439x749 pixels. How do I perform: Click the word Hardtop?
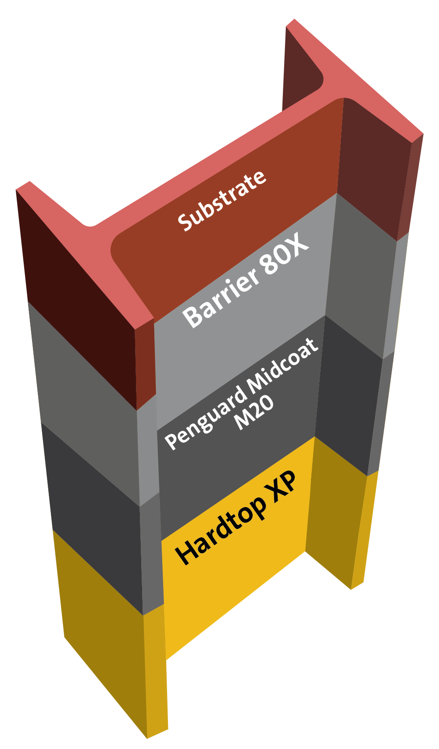pos(221,529)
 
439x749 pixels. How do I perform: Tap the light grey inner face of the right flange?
pos(360,280)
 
